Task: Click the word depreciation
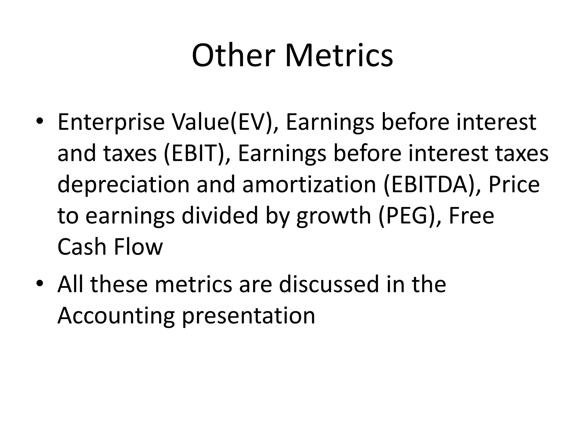click(x=123, y=185)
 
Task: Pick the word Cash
click(x=82, y=247)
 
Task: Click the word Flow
click(x=138, y=247)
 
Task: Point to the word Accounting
click(x=116, y=316)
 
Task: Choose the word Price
click(x=514, y=184)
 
